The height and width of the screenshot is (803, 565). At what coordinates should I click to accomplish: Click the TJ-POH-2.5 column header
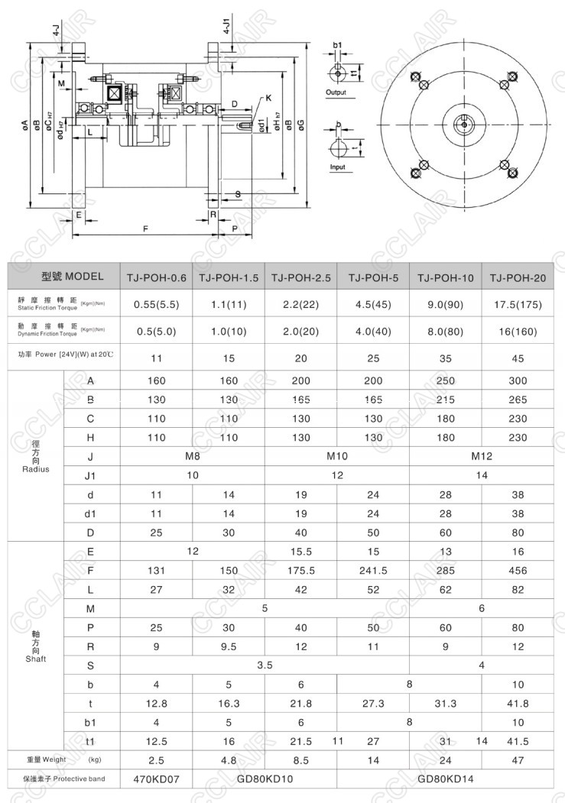[301, 277]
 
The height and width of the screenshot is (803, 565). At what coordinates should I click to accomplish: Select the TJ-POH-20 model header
[518, 277]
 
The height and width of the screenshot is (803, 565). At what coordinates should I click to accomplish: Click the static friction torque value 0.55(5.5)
[156, 304]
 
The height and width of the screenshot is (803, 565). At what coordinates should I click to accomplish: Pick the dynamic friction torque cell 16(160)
[518, 332]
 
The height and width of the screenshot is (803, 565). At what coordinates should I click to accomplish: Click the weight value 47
[518, 760]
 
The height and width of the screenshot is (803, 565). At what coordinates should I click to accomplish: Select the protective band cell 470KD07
[156, 779]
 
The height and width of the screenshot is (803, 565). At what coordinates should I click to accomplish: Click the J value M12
[481, 456]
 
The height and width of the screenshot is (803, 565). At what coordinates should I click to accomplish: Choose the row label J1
[91, 475]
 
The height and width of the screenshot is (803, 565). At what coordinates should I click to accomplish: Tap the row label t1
[91, 741]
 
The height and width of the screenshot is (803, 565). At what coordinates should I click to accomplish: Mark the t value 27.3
[373, 703]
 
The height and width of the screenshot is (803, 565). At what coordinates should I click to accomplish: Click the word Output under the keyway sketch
[336, 92]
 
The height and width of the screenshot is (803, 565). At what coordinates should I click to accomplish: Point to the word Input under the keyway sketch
[336, 167]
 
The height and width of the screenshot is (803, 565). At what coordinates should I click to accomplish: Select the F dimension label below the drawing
[145, 228]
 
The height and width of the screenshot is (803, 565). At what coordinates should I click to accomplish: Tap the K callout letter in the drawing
[269, 98]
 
